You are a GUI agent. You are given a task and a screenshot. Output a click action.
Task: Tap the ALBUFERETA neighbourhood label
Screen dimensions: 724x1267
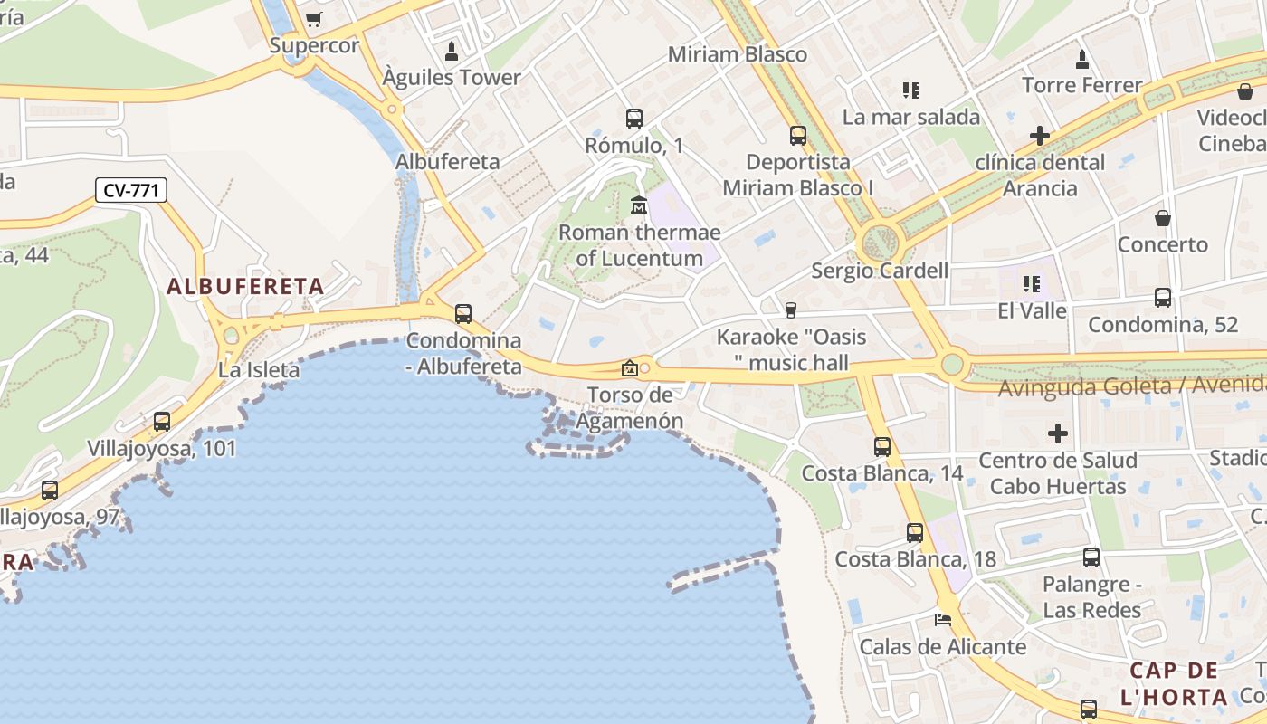click(244, 287)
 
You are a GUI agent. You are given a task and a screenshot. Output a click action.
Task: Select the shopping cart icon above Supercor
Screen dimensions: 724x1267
click(314, 19)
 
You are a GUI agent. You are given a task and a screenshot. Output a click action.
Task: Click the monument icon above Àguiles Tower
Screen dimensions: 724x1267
click(451, 51)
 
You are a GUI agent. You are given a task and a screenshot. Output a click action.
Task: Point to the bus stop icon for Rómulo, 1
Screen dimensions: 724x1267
click(634, 118)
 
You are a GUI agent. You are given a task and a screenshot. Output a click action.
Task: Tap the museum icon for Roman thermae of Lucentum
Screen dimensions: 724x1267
click(639, 205)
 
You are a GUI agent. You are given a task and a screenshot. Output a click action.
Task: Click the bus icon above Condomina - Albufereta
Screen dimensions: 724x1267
click(463, 314)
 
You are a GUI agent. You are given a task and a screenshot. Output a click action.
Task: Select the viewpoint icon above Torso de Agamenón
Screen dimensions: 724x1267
click(629, 367)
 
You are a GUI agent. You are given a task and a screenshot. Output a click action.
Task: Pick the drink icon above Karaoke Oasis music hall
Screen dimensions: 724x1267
click(791, 310)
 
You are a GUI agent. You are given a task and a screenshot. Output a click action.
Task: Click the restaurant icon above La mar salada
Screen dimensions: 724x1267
click(911, 90)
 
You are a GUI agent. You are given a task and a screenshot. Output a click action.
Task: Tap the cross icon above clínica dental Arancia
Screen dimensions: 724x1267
click(1040, 136)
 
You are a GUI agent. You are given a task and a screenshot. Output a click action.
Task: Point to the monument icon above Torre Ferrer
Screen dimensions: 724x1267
click(1082, 59)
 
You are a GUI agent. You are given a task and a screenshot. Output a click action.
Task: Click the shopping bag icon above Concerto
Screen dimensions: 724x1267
click(1163, 218)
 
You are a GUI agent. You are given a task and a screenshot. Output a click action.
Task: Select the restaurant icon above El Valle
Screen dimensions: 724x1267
click(1032, 284)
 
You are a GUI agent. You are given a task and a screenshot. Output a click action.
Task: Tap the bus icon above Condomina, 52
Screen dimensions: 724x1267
click(1163, 297)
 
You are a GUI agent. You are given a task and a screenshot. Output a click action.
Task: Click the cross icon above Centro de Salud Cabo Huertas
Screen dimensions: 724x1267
click(1058, 433)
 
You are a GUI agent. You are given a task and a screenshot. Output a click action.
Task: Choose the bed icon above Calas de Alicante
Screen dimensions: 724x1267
click(943, 620)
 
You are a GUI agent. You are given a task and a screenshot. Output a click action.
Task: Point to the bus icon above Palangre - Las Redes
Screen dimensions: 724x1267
click(1091, 557)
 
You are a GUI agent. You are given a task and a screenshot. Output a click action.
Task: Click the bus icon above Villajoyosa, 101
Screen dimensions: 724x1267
click(162, 421)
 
